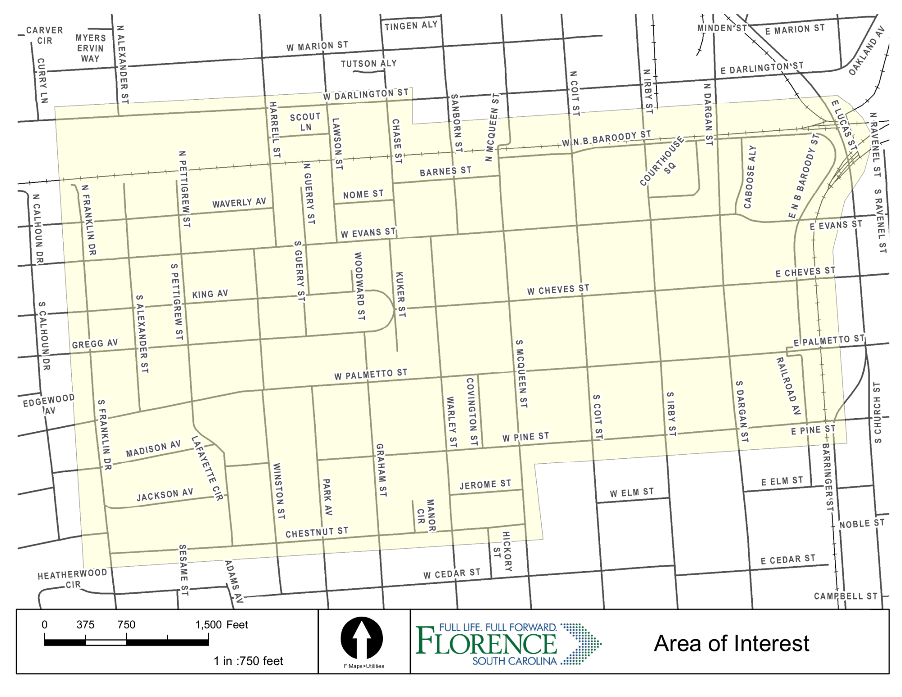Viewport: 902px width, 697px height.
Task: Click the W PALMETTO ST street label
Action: click(x=370, y=374)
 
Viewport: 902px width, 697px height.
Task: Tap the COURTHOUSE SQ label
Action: click(x=662, y=162)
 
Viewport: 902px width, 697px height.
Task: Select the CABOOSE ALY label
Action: click(x=749, y=177)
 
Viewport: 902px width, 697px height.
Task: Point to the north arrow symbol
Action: click(x=362, y=638)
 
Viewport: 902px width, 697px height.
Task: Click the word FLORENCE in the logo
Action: click(x=486, y=643)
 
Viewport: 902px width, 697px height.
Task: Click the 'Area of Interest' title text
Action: click(x=731, y=643)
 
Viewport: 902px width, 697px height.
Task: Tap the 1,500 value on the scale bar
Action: click(x=208, y=624)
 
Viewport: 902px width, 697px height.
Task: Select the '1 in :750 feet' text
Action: click(x=248, y=661)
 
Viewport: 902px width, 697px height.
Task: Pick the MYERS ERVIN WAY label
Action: click(x=90, y=48)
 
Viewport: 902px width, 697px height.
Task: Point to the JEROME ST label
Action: click(x=485, y=485)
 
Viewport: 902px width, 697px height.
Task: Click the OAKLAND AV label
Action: click(x=867, y=51)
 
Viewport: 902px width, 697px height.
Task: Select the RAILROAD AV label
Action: click(x=788, y=386)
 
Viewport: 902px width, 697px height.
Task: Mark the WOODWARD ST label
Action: click(x=359, y=286)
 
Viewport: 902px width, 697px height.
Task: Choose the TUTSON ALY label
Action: click(x=368, y=64)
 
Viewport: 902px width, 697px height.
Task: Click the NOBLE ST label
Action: click(x=861, y=524)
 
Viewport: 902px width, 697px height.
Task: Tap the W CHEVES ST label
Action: click(x=558, y=290)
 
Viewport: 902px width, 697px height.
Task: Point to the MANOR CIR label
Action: click(x=426, y=515)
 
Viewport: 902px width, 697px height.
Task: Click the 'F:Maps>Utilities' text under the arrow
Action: click(x=364, y=666)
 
